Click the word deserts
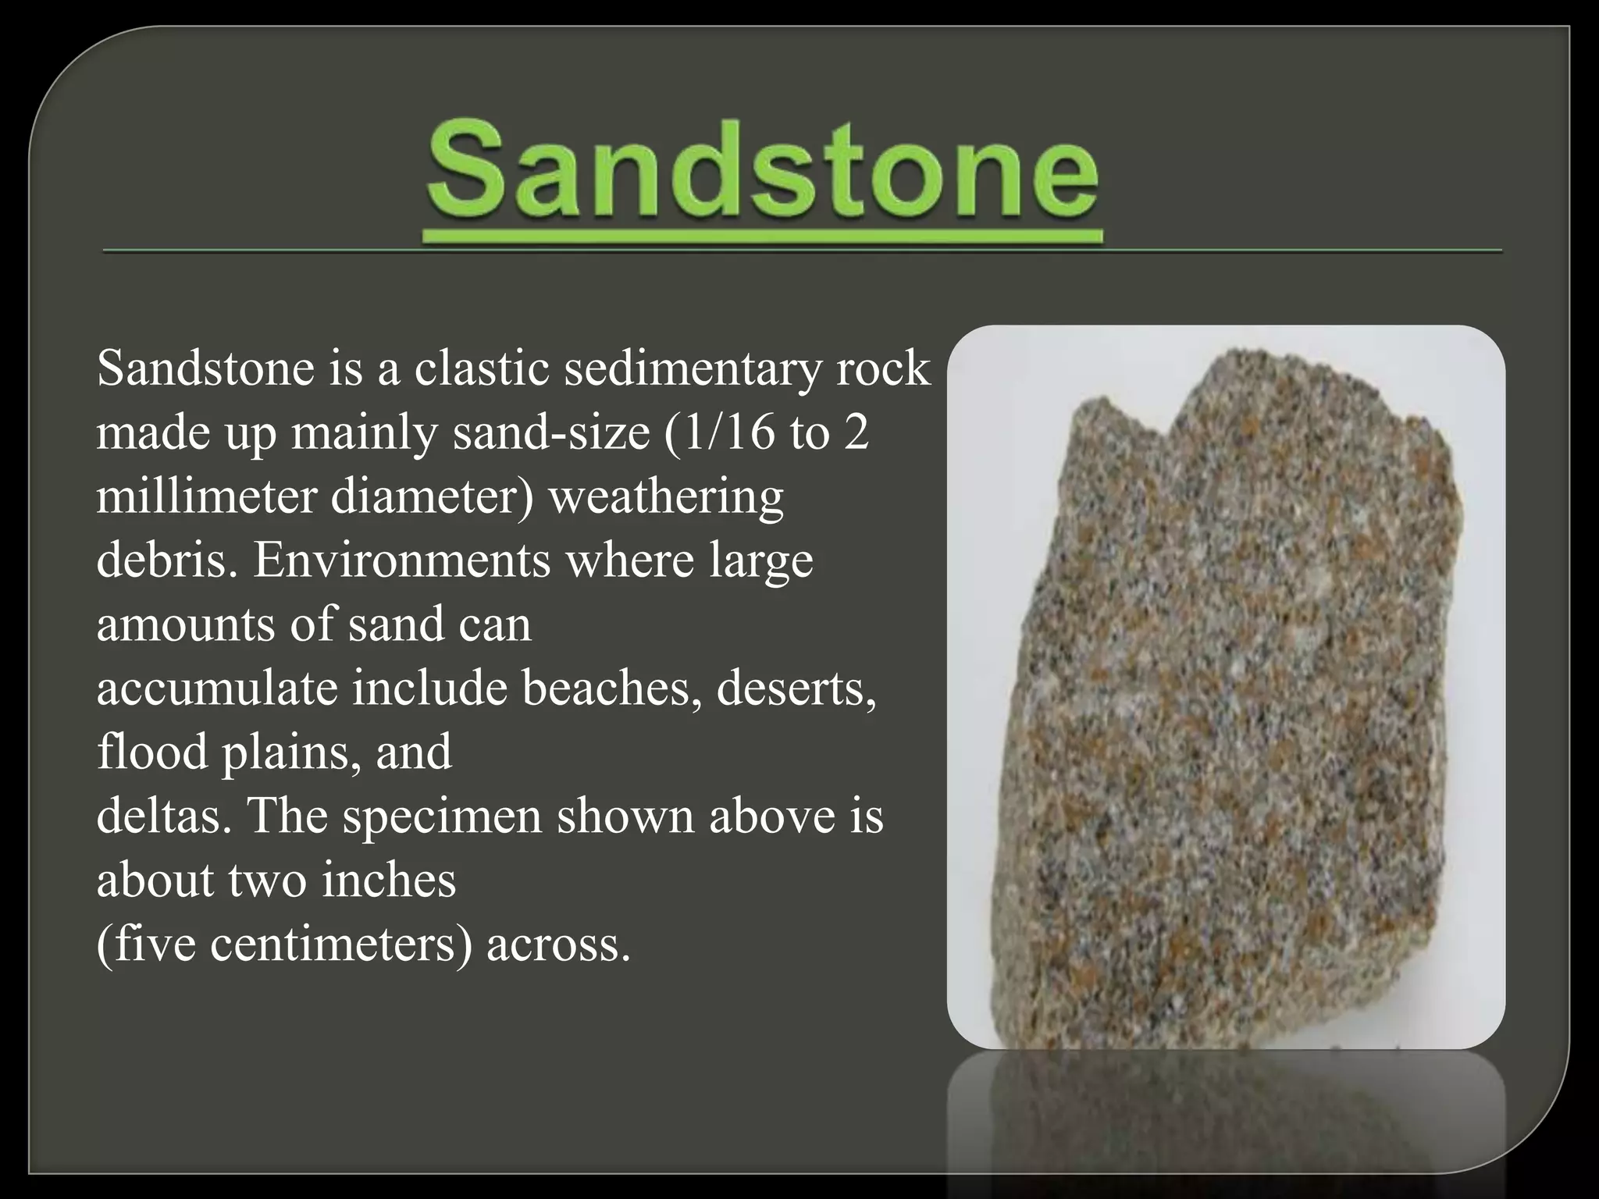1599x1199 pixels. point(795,688)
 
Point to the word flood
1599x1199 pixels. point(152,752)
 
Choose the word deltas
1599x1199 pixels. point(163,817)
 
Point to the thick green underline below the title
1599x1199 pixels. point(762,236)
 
